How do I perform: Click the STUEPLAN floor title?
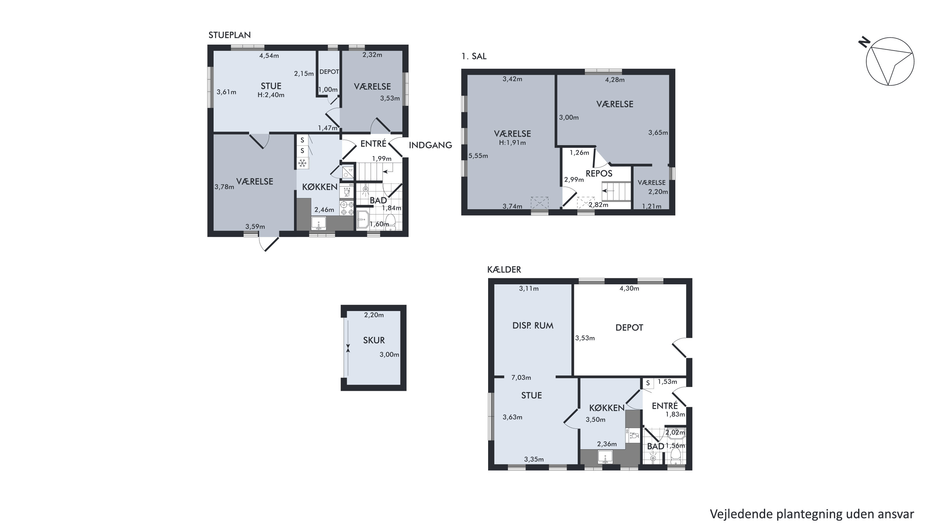pos(230,35)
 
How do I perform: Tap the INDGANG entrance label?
pos(430,145)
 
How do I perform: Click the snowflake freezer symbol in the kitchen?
pos(302,163)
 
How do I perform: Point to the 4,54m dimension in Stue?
pos(269,56)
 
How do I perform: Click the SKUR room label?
pos(374,340)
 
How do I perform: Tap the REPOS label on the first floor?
pos(599,173)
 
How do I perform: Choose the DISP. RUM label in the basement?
pos(533,325)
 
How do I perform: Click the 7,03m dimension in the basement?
pos(521,378)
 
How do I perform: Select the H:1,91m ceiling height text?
pos(512,143)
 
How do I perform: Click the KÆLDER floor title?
pos(504,270)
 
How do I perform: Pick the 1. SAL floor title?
pos(474,56)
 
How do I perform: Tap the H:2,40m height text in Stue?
pos(271,95)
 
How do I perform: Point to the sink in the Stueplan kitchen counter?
pos(319,223)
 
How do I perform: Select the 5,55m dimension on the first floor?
pos(478,156)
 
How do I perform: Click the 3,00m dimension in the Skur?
pos(389,354)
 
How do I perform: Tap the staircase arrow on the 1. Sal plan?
pos(608,191)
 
